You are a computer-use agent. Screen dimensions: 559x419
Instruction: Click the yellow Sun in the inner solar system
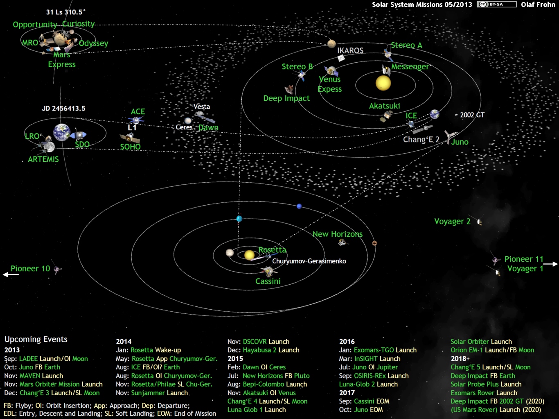point(383,83)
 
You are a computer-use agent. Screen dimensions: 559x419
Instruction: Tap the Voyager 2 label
point(452,221)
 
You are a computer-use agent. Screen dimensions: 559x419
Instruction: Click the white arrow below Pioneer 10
point(11,274)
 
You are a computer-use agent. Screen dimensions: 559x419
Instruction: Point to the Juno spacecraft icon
point(450,136)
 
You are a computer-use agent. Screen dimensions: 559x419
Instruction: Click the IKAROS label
point(350,50)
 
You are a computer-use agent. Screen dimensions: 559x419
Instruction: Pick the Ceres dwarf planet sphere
point(188,120)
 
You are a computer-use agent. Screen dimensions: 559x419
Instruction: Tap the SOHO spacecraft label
point(131,147)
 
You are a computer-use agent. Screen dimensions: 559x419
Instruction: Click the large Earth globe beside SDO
point(62,132)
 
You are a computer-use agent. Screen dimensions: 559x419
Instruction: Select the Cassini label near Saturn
point(268,281)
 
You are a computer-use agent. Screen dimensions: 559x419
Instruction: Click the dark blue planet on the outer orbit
point(299,206)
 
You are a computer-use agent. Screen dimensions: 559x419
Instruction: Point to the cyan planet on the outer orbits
point(239,219)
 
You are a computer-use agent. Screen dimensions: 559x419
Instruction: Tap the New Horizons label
point(338,234)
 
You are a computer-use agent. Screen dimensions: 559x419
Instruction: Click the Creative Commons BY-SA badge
point(497,5)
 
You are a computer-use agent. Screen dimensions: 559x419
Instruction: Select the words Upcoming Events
point(36,339)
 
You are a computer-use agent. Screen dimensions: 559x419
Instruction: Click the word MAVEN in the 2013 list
point(30,376)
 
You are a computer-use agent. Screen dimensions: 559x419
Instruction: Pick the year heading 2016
point(347,342)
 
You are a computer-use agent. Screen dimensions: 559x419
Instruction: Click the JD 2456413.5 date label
point(64,108)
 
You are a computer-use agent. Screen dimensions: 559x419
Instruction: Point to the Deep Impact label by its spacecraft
point(286,98)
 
